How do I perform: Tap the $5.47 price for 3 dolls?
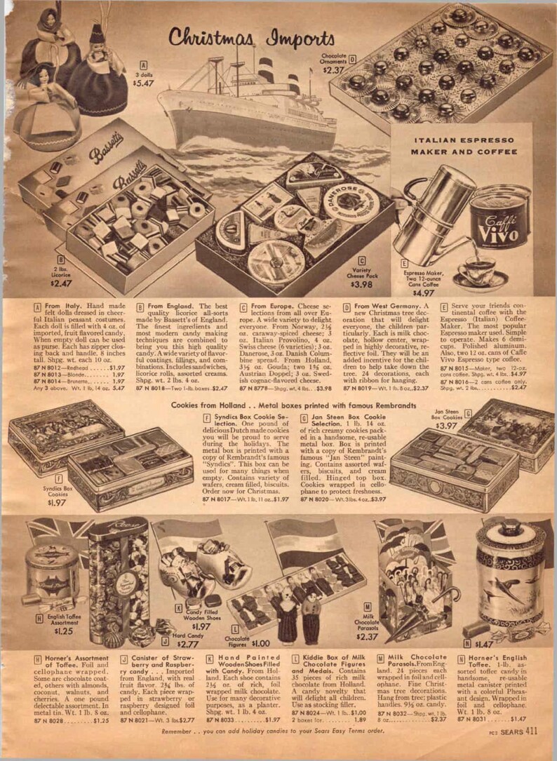(144, 83)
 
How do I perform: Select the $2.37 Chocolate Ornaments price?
(334, 69)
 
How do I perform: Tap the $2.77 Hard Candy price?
(189, 644)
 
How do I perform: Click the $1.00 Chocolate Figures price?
(260, 643)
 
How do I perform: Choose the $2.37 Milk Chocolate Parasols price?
(368, 637)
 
